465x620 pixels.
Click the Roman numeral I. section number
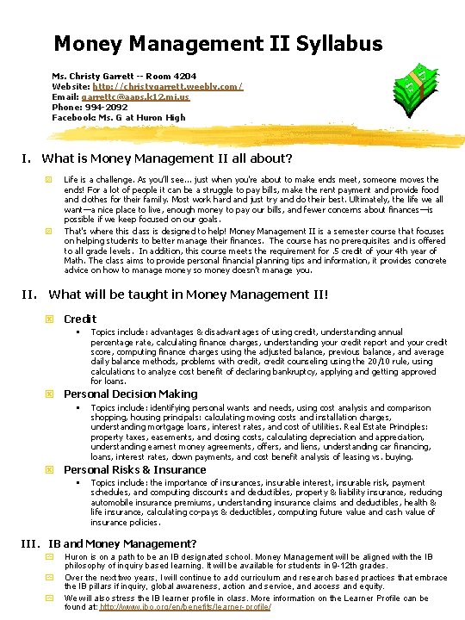tap(27, 158)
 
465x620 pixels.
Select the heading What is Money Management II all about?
tap(167, 158)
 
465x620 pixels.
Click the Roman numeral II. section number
tap(29, 294)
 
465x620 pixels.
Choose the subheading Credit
tap(80, 319)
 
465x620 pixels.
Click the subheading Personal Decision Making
tap(130, 394)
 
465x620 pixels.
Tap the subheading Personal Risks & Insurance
tap(134, 470)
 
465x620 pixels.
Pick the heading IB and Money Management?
tap(122, 543)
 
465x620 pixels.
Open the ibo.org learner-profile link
tap(185, 607)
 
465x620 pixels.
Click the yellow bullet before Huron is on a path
tap(50, 557)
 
